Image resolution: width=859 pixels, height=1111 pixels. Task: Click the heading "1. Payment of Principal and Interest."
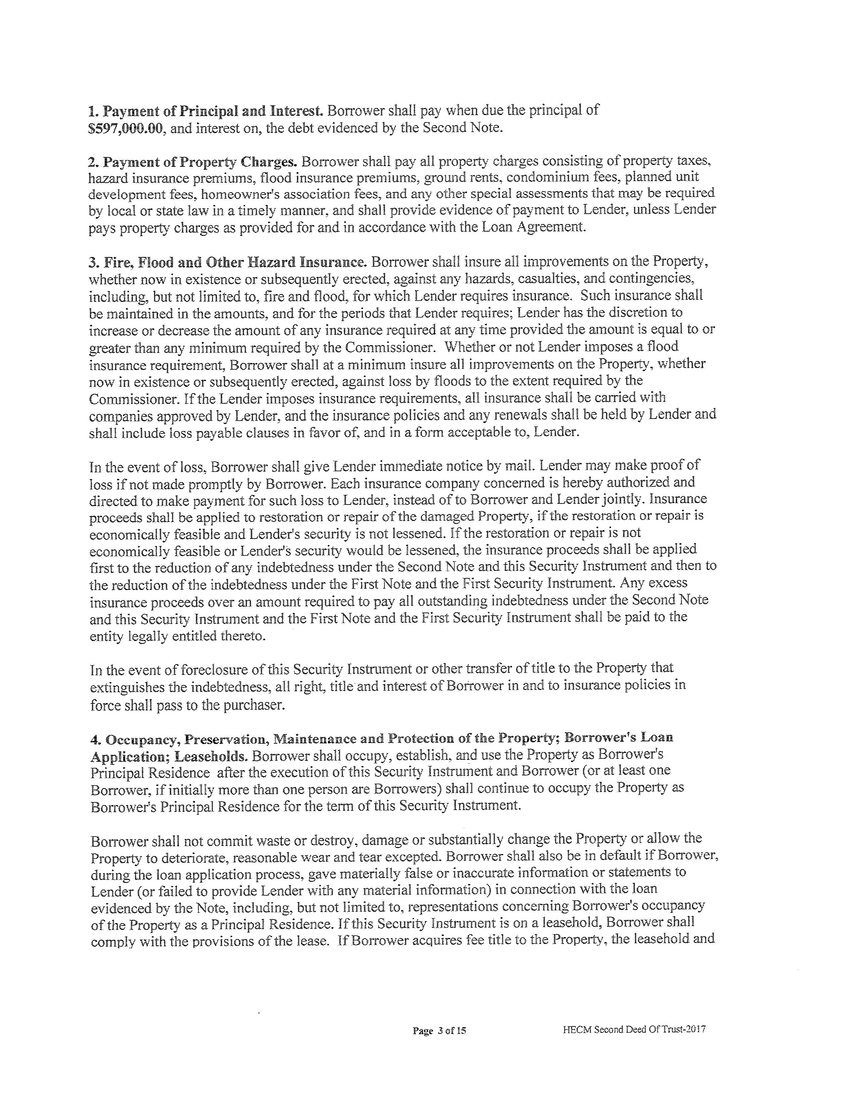206,110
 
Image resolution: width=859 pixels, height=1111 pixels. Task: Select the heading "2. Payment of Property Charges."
192,162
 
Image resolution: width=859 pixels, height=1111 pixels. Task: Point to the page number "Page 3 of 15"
440,1030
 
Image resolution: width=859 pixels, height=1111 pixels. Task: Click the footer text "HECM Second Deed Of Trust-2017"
634,1029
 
